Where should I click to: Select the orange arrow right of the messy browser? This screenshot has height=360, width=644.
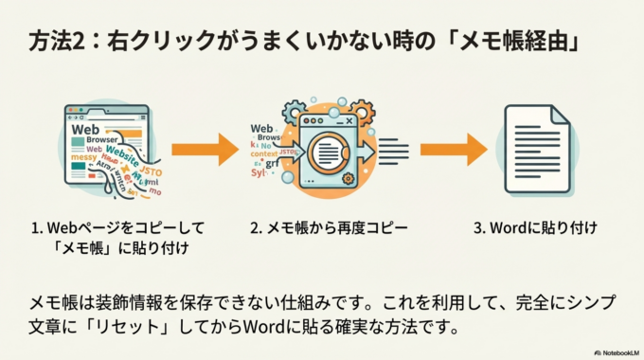pyautogui.click(x=204, y=149)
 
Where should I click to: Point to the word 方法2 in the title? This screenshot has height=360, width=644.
pyautogui.click(x=54, y=43)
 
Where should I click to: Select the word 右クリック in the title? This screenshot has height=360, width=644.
pyautogui.click(x=152, y=43)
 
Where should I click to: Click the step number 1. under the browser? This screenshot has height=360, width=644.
pyautogui.click(x=37, y=228)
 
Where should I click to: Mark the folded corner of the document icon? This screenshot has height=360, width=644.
pyautogui.click(x=560, y=114)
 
